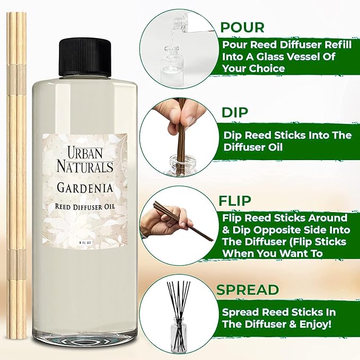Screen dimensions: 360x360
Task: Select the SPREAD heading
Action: (247, 290)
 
